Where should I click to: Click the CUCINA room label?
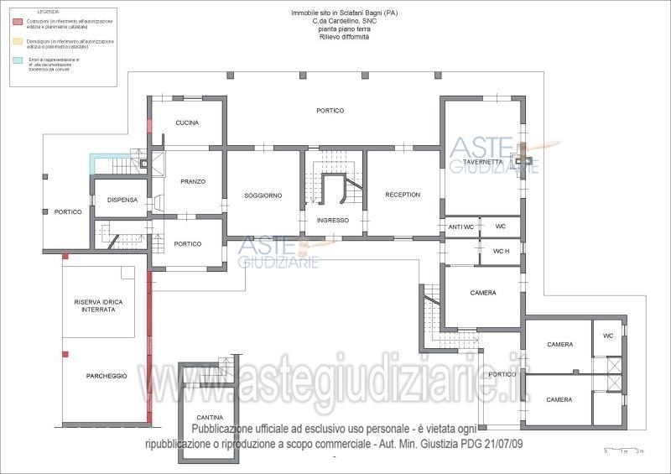tap(187, 123)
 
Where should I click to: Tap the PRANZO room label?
tap(192, 181)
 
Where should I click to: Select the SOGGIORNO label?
tap(263, 195)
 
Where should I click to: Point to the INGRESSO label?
tap(333, 220)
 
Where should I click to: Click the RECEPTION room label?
tap(403, 195)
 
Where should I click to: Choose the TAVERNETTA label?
tap(482, 162)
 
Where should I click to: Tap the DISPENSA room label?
tap(122, 200)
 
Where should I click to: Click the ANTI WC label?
tap(460, 227)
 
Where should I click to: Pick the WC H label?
tap(501, 251)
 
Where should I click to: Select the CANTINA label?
tap(210, 417)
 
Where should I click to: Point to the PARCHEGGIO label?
tap(107, 376)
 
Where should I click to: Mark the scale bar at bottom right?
tap(623, 451)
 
